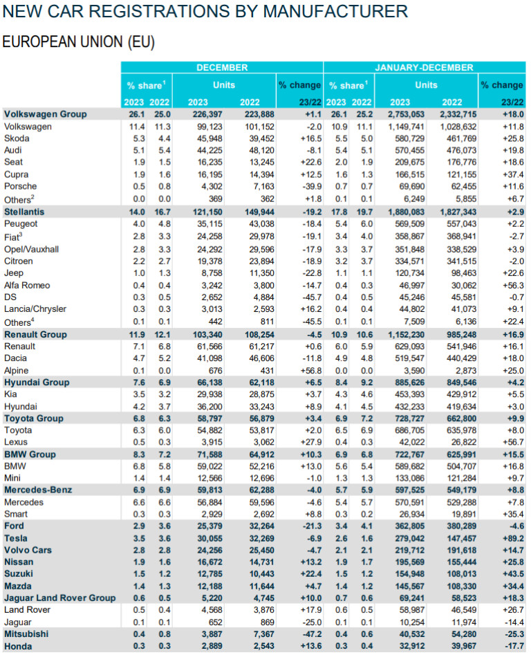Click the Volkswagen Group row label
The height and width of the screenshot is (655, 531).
tap(46, 114)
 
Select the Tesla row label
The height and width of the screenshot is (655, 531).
tap(17, 537)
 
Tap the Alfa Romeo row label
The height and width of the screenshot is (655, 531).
tap(28, 286)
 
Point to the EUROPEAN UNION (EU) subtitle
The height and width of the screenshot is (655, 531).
tap(78, 41)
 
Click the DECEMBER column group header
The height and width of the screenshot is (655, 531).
tap(222, 68)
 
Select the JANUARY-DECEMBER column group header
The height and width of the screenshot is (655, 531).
tap(425, 68)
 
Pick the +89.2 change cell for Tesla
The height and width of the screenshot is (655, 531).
tap(508, 537)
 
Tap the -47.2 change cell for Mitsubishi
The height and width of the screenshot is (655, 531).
tap(305, 634)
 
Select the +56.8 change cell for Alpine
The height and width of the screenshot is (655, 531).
tap(305, 370)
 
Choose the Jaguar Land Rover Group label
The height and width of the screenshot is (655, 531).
tap(59, 598)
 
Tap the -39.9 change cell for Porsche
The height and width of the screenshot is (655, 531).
tap(305, 186)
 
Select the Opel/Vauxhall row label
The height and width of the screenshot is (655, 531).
tap(32, 250)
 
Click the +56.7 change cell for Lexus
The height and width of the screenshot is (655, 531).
tap(508, 442)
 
